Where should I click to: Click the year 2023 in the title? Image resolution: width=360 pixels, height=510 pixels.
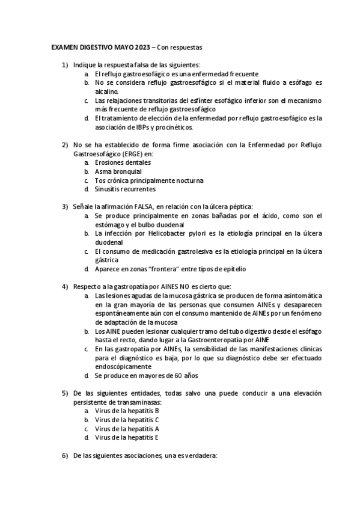coord(142,46)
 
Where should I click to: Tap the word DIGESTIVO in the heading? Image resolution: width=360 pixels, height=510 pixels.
coord(93,46)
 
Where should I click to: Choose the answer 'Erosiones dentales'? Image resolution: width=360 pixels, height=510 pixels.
coord(123,163)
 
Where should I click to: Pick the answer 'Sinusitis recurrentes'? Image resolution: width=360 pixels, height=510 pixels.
coord(125,189)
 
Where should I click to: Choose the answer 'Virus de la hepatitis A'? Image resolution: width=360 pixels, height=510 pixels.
coord(126,429)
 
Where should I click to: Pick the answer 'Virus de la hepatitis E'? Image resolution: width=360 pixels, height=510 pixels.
coord(126,438)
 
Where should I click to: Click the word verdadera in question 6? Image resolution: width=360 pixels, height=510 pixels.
coord(200,456)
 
